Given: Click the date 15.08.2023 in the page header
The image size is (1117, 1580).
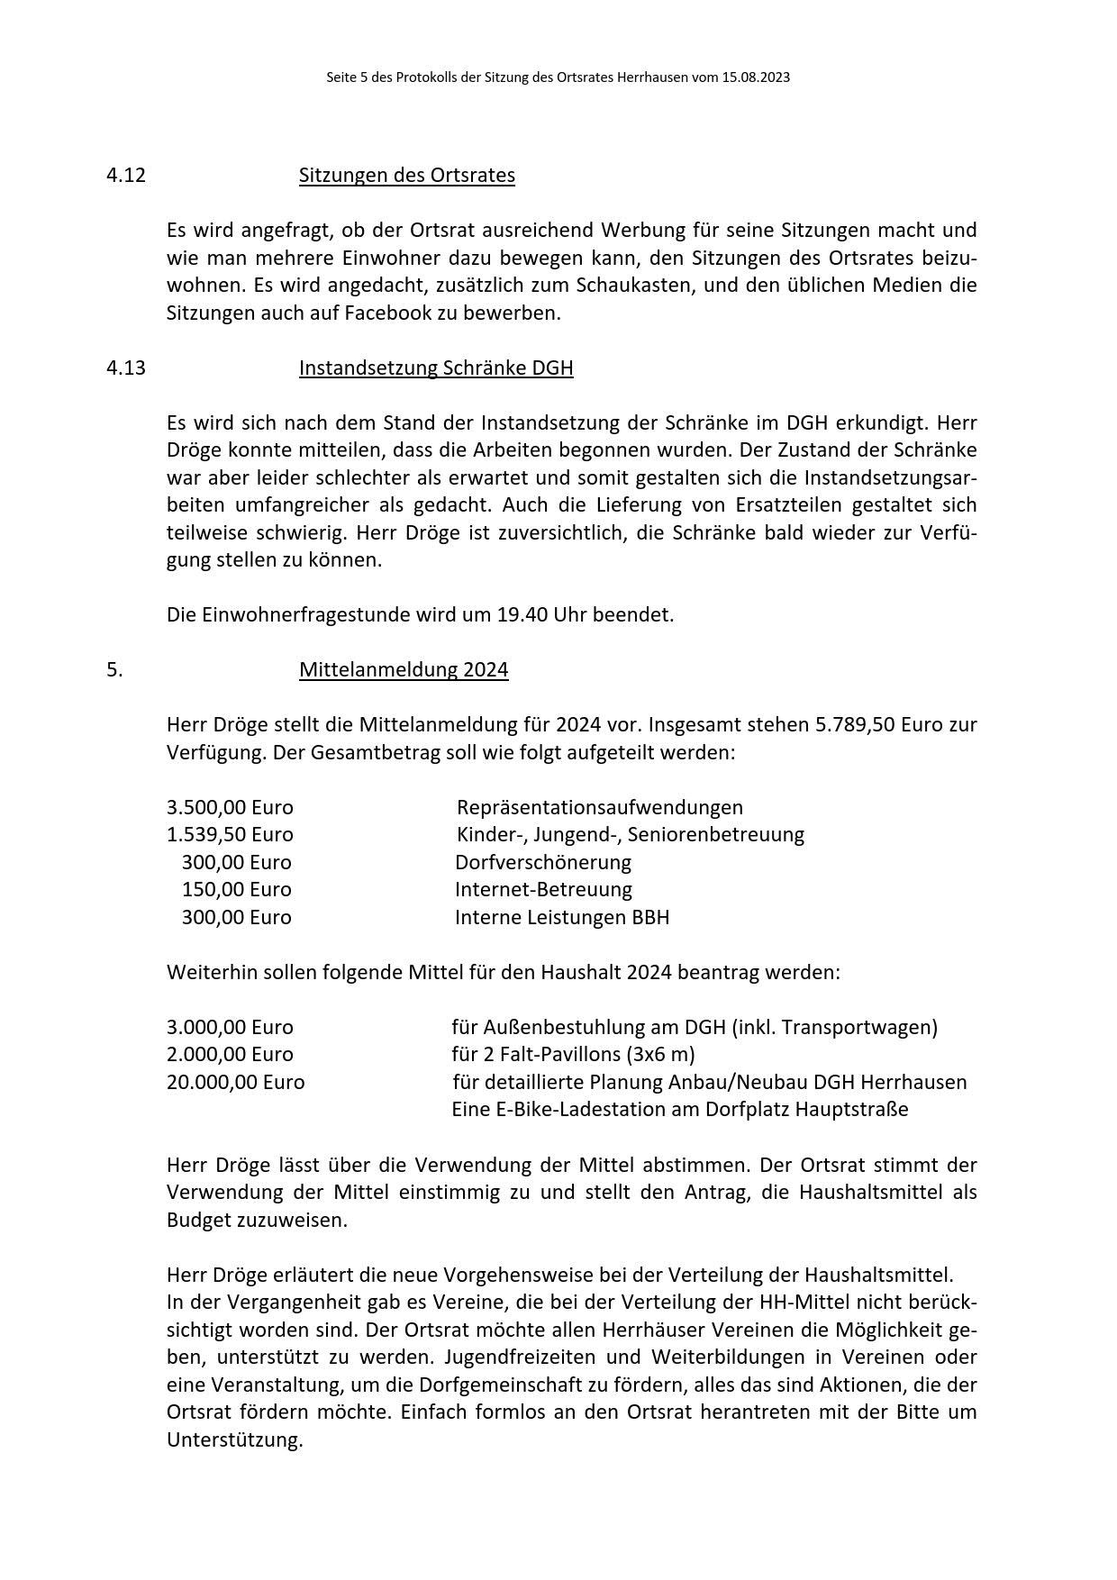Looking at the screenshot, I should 755,77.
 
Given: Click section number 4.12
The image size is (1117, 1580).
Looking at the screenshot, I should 126,175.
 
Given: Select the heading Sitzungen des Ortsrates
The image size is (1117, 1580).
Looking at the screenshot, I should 406,175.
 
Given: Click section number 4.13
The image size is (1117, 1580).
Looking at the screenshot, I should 126,368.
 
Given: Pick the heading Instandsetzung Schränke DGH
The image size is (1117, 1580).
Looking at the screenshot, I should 436,368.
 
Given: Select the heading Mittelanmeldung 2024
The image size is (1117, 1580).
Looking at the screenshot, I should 404,670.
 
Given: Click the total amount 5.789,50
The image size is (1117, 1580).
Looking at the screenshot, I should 855,725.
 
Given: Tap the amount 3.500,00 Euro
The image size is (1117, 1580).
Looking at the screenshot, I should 230,807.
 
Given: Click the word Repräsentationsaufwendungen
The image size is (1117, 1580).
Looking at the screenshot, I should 599,807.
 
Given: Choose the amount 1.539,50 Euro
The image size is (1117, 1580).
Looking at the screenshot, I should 230,834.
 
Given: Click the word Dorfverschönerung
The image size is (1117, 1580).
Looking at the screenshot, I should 542,862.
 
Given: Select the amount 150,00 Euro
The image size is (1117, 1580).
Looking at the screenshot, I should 236,890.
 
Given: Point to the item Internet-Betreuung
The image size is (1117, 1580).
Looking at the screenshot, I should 543,890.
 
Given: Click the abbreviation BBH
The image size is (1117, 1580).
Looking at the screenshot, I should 650,917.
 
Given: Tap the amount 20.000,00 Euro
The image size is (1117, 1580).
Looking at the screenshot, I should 235,1082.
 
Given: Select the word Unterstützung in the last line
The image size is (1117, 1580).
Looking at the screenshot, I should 233,1439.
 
